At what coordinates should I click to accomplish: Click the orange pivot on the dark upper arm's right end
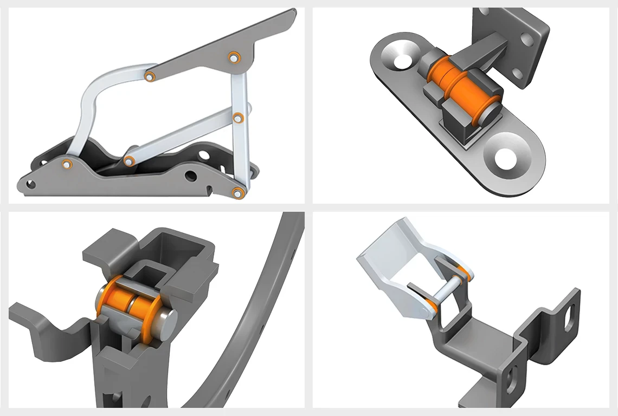[x=234, y=57]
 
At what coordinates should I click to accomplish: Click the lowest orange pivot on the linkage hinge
[x=237, y=192]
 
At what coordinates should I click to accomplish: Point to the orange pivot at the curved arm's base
[x=67, y=164]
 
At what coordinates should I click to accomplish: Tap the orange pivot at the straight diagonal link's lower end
[x=129, y=161]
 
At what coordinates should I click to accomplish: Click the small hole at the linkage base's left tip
[x=30, y=185]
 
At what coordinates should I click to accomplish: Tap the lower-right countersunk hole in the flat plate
[x=506, y=158]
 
